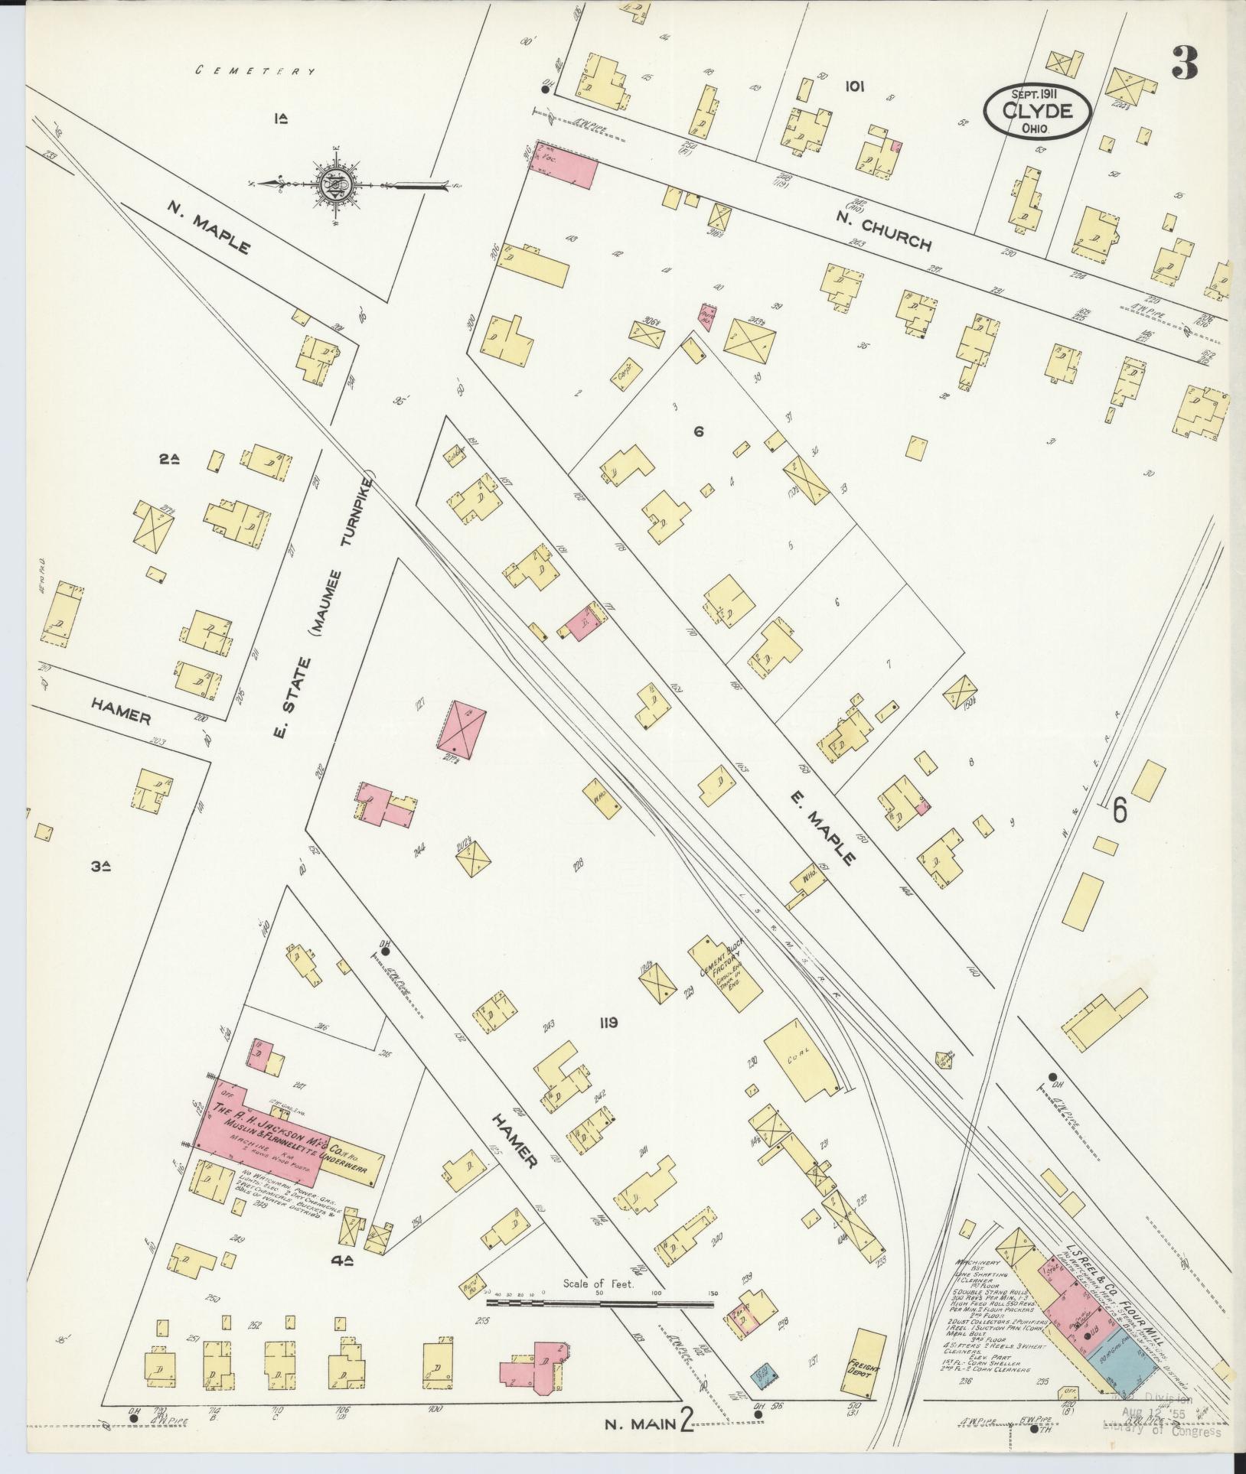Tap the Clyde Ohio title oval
click(1039, 112)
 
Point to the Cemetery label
click(256, 71)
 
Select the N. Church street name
click(895, 235)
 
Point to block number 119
click(608, 1023)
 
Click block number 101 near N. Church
click(854, 86)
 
